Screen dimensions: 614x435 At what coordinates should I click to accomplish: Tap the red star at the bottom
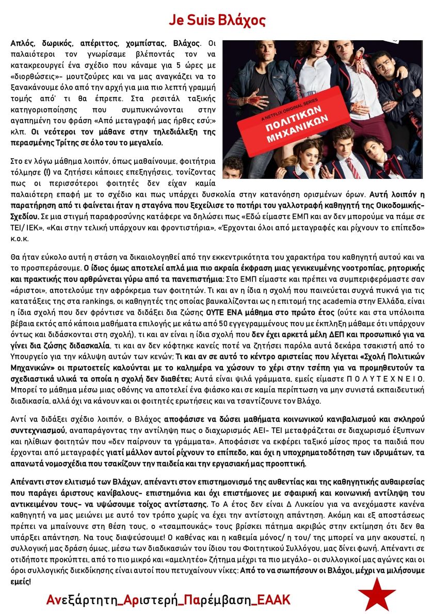(377, 594)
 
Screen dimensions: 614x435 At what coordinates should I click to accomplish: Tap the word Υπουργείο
(26, 356)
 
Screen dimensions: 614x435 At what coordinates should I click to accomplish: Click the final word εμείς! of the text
(21, 582)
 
